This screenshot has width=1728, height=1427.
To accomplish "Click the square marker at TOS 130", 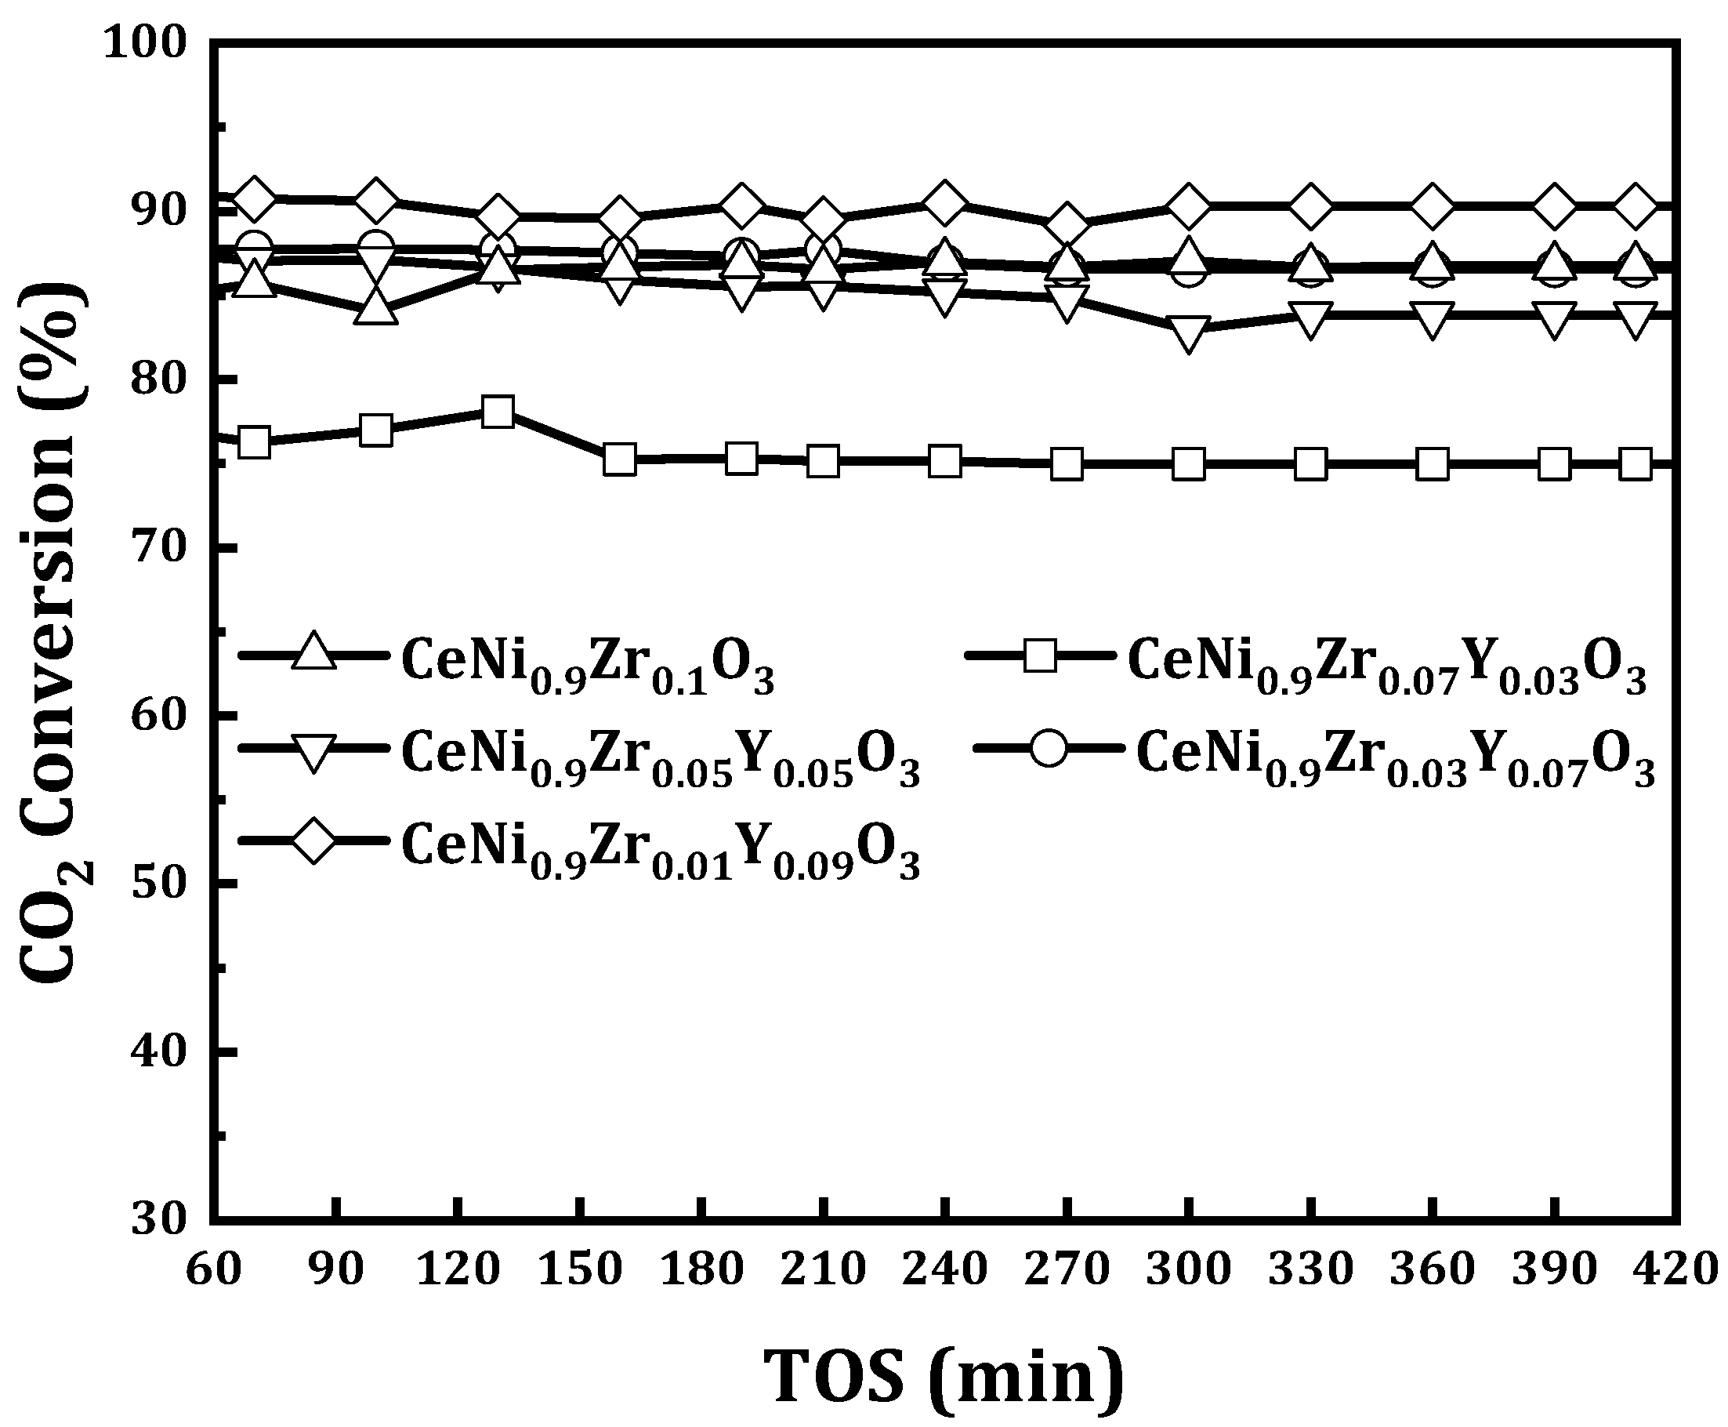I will point(498,411).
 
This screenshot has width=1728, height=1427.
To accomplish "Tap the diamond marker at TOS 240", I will point(945,202).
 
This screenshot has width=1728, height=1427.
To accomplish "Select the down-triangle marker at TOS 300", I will point(1189,333).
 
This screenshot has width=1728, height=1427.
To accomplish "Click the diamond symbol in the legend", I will point(313,840).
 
